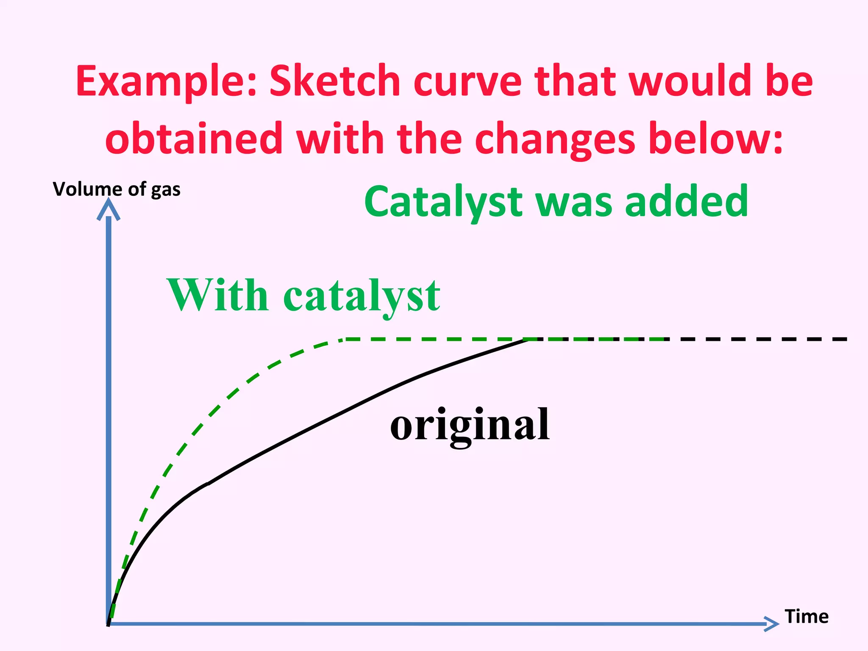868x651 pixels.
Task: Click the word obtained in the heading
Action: [x=193, y=138]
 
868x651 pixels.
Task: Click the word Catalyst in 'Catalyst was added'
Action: [x=443, y=203]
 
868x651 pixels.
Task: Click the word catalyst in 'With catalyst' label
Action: [x=362, y=297]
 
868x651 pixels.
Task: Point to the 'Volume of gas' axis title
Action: [x=117, y=189]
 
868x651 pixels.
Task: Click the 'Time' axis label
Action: [x=806, y=616]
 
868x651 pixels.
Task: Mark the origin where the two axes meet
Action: [x=109, y=623]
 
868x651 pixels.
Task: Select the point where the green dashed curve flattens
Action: [x=343, y=339]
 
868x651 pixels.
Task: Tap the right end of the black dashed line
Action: [x=846, y=339]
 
